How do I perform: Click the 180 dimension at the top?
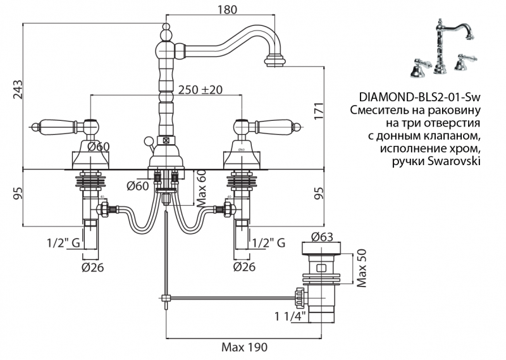coord(226,9)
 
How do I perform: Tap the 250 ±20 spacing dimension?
coord(201,89)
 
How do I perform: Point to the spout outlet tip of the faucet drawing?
coord(275,62)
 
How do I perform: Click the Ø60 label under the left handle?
coord(99,147)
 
